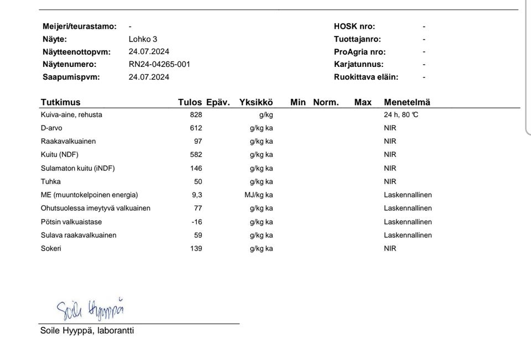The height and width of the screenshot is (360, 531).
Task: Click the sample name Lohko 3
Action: (x=143, y=39)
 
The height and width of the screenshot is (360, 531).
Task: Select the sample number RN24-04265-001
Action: (x=159, y=64)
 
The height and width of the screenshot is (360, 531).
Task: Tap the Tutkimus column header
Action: (x=60, y=102)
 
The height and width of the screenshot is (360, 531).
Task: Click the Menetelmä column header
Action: (x=407, y=102)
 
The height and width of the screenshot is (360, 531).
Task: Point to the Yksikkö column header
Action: (x=256, y=102)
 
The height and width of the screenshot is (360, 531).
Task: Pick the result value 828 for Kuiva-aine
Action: (x=196, y=115)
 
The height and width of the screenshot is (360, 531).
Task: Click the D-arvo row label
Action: (x=51, y=128)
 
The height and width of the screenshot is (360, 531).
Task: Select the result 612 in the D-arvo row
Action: (x=196, y=128)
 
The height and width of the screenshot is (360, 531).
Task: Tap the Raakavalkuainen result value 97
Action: (x=198, y=142)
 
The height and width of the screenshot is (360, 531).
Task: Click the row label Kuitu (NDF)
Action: (x=60, y=155)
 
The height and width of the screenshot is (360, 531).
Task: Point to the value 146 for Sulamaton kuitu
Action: (x=196, y=168)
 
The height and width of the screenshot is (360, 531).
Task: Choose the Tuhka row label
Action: (x=51, y=181)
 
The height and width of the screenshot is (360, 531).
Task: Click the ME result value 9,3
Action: (x=197, y=195)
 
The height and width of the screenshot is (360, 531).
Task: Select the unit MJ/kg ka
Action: (x=259, y=195)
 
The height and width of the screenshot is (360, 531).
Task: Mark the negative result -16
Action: (x=197, y=222)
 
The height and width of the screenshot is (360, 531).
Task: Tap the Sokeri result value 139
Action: (x=196, y=249)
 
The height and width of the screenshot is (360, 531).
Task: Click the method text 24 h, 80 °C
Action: (x=405, y=115)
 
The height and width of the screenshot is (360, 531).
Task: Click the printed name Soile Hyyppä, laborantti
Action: (x=87, y=331)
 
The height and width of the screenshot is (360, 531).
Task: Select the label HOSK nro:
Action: (x=354, y=27)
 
